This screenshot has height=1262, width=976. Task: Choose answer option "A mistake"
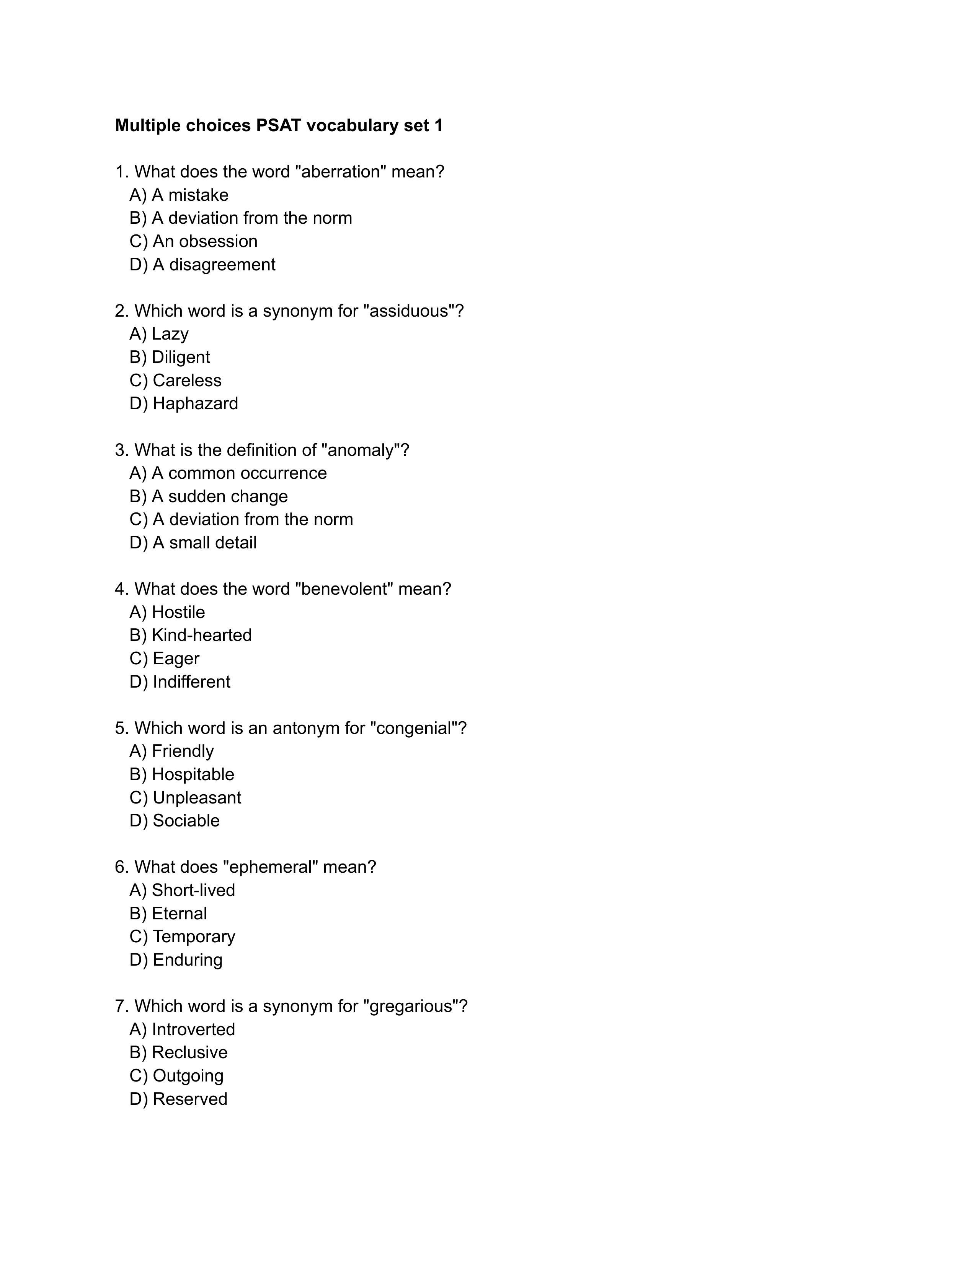189,195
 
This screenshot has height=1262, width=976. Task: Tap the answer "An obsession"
205,241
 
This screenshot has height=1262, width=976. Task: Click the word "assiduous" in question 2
409,311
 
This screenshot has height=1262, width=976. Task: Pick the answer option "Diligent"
180,357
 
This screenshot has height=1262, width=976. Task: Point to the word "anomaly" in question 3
359,450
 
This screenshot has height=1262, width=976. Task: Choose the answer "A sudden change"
219,496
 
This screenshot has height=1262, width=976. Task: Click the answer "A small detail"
204,543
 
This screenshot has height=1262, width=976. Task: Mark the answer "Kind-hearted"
201,635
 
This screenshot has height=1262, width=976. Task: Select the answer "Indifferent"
191,682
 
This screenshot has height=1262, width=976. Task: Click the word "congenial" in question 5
413,728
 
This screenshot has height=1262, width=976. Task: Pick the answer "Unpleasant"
197,797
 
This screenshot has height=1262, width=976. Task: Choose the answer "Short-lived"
193,890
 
